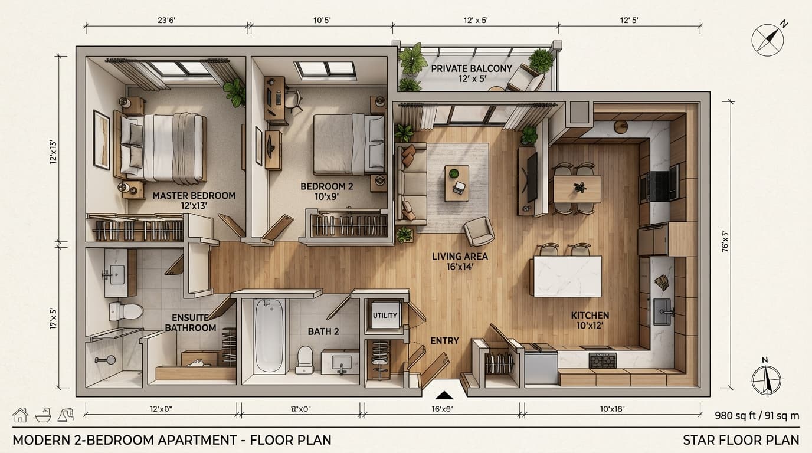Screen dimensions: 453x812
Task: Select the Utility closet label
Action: point(385,316)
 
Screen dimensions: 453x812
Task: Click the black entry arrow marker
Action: point(444,395)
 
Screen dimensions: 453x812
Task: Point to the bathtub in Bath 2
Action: point(269,336)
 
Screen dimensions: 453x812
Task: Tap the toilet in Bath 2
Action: point(305,359)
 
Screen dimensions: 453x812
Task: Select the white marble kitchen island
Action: point(567,276)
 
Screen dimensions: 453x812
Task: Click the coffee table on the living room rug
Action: point(457,182)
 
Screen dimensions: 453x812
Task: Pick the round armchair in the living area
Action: point(479,231)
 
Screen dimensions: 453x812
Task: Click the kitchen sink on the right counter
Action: point(662,311)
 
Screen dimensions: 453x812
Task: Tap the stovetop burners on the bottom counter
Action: point(603,360)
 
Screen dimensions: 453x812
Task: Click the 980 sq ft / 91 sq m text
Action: point(757,415)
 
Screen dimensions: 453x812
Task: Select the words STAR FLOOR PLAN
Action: point(741,440)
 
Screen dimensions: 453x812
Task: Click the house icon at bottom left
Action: point(20,415)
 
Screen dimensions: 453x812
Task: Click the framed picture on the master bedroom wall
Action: point(102,140)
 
